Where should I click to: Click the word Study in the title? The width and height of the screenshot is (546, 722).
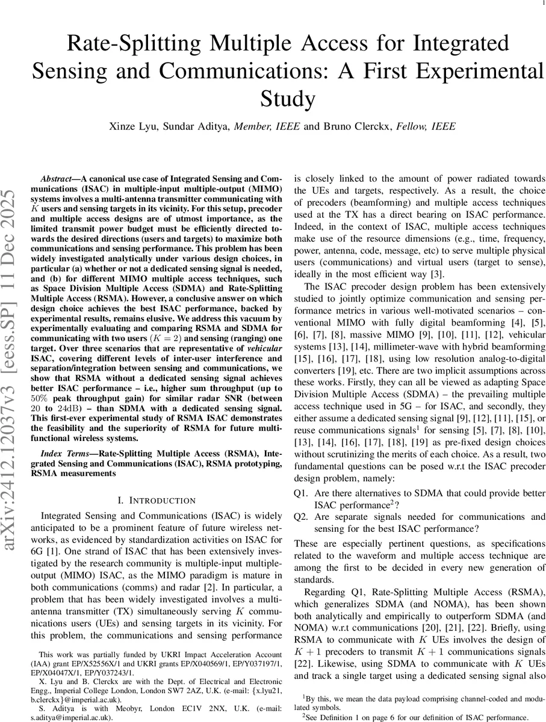click(289, 98)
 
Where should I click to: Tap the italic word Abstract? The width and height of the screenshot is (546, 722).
click(56, 179)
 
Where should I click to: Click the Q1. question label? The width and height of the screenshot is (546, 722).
click(301, 493)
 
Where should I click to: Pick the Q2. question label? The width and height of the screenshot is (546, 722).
click(301, 517)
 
